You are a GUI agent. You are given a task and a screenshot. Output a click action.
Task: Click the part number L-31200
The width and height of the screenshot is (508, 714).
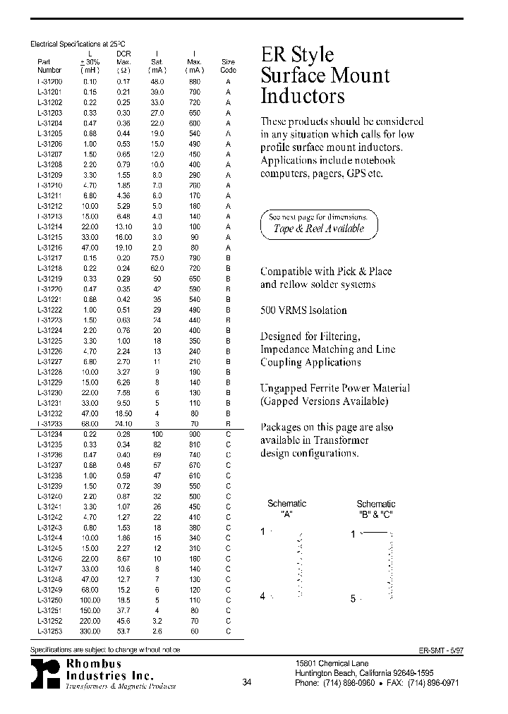coord(49,81)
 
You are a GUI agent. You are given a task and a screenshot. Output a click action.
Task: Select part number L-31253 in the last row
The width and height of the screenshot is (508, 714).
coord(49,631)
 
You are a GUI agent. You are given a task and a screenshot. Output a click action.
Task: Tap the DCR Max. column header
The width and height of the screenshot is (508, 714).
coord(123,61)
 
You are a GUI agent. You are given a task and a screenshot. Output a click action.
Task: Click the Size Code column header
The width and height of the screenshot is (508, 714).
coord(228,66)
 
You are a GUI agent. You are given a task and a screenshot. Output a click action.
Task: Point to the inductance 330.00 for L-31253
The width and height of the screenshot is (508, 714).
coord(90,631)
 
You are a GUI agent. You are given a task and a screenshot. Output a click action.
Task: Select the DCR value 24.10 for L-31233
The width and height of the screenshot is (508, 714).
coord(123,425)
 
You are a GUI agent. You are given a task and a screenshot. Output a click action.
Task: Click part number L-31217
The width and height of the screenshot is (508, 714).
coord(49,258)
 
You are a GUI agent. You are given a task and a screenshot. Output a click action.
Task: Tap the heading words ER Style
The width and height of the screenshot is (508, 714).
coord(297,55)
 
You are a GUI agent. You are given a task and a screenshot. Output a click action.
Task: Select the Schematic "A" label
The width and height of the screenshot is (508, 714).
coord(286,508)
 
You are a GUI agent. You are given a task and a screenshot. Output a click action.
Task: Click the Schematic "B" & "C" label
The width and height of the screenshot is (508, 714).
coord(375,508)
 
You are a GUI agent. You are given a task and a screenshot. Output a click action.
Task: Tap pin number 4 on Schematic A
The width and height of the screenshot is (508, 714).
coord(262,596)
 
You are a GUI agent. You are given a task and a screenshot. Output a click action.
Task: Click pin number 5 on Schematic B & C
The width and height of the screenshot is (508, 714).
coord(353,599)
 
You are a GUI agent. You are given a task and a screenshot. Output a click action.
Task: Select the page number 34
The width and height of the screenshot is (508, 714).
coord(246,682)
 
